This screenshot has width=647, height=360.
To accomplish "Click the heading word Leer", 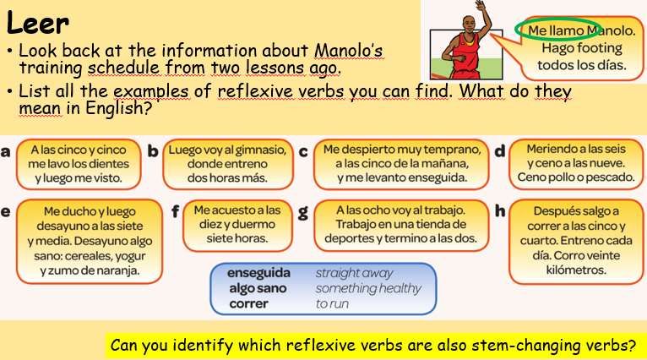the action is click(37, 23).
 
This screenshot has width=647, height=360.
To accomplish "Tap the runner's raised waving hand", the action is click(481, 5).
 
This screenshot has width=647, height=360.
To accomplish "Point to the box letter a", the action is click(5, 151).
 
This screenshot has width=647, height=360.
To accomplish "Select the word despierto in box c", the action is click(366, 150).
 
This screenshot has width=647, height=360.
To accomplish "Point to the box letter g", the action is click(303, 212).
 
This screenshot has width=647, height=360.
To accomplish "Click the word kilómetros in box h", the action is click(576, 270).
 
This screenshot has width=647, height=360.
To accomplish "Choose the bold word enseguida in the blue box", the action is click(258, 273).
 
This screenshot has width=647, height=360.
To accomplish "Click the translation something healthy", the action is click(368, 288).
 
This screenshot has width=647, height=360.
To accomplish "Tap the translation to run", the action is click(332, 304).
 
